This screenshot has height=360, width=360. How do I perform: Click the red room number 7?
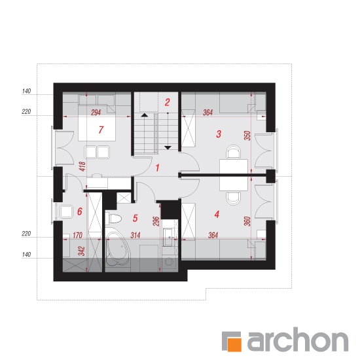(x=101, y=130)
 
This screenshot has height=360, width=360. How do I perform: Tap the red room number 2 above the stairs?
(x=167, y=102)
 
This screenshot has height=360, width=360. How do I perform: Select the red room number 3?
(x=219, y=134)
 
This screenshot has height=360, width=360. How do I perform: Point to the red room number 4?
(x=217, y=214)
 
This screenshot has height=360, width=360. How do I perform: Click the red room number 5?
(x=135, y=218)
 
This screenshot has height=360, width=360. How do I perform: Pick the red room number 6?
(x=80, y=211)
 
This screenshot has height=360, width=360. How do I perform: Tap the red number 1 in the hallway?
(x=157, y=168)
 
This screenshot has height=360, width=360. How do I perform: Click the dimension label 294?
(x=96, y=113)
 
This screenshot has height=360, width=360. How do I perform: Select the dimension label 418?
(x=82, y=166)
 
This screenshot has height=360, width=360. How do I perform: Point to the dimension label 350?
(x=247, y=135)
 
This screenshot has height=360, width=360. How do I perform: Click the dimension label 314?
(x=135, y=235)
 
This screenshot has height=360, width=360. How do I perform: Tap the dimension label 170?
(x=77, y=235)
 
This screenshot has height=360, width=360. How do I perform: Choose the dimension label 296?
(x=156, y=221)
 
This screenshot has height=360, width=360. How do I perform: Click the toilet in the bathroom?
(x=115, y=219)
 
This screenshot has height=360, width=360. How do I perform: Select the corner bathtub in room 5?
(x=118, y=249)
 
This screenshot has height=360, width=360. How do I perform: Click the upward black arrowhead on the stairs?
(x=145, y=115)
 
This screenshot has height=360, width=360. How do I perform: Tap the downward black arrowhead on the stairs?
(x=168, y=148)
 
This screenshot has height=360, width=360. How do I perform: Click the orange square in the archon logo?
(x=234, y=344)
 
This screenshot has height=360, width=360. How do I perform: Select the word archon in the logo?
(x=298, y=339)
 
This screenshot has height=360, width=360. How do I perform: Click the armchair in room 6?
(x=66, y=211)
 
